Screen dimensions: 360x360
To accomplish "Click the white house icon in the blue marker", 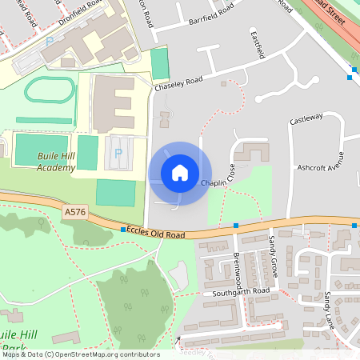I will coord(180,173).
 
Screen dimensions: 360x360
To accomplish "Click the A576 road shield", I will coord(74,211).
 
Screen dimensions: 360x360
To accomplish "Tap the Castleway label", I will coord(306,117).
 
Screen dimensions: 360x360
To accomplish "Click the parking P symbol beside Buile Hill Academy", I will coord(118,153).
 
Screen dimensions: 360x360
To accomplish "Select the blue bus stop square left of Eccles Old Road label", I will coord(122,230).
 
